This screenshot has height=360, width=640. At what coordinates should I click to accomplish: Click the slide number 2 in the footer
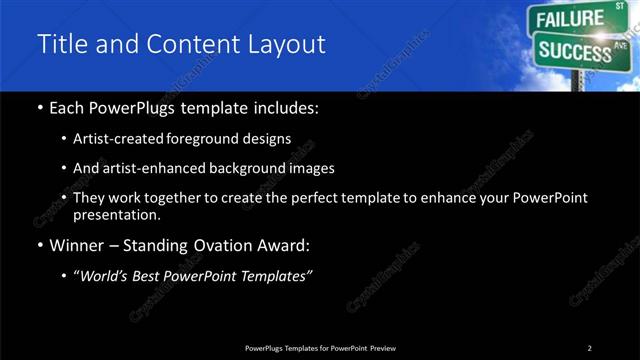point(590,348)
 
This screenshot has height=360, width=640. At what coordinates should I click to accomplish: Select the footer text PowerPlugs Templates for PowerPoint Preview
point(319,348)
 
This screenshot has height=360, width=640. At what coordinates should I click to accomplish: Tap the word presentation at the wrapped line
point(117,214)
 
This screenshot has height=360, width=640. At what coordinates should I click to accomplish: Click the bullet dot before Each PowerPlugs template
point(39,108)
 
